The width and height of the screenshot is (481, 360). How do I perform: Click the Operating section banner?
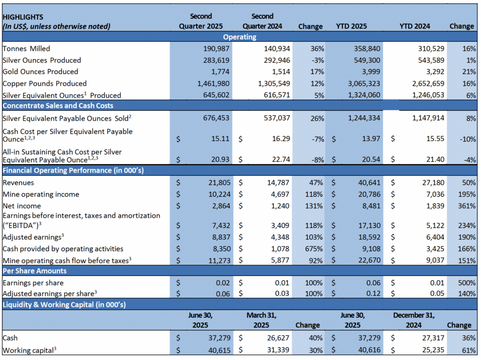[240, 37]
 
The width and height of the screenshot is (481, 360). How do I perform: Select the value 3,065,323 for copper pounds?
[359, 84]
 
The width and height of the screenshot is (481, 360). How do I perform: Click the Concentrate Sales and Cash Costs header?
[58, 106]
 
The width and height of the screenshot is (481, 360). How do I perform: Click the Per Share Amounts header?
[35, 271]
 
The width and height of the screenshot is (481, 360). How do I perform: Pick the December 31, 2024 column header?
[413, 320]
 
